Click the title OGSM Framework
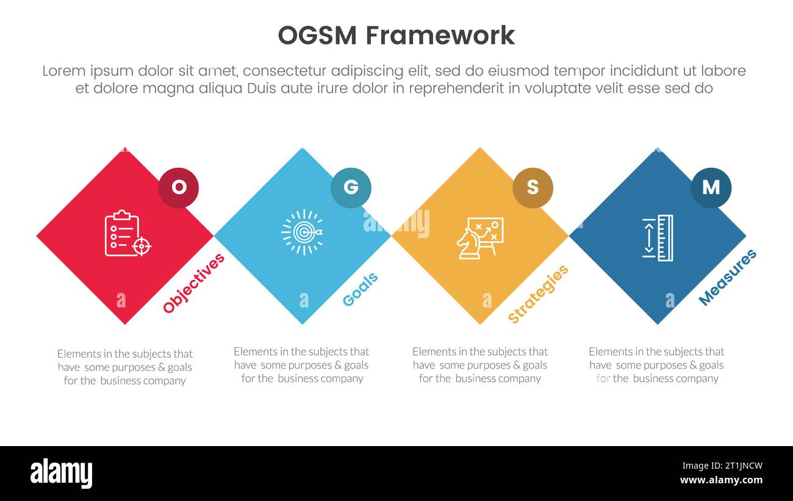coord(396,35)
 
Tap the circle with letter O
coord(178,187)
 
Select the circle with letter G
coord(351,187)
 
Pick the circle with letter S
coord(533,187)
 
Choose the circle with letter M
coord(711,187)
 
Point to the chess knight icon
coord(468,243)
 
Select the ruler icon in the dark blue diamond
coord(658,237)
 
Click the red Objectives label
coord(194,283)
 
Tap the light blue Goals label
coord(360,289)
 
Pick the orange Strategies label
coord(538,294)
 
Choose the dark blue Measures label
coord(727,277)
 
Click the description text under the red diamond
coord(125,367)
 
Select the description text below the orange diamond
coord(480,365)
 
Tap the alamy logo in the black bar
coord(62,474)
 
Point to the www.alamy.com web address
coord(722,480)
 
